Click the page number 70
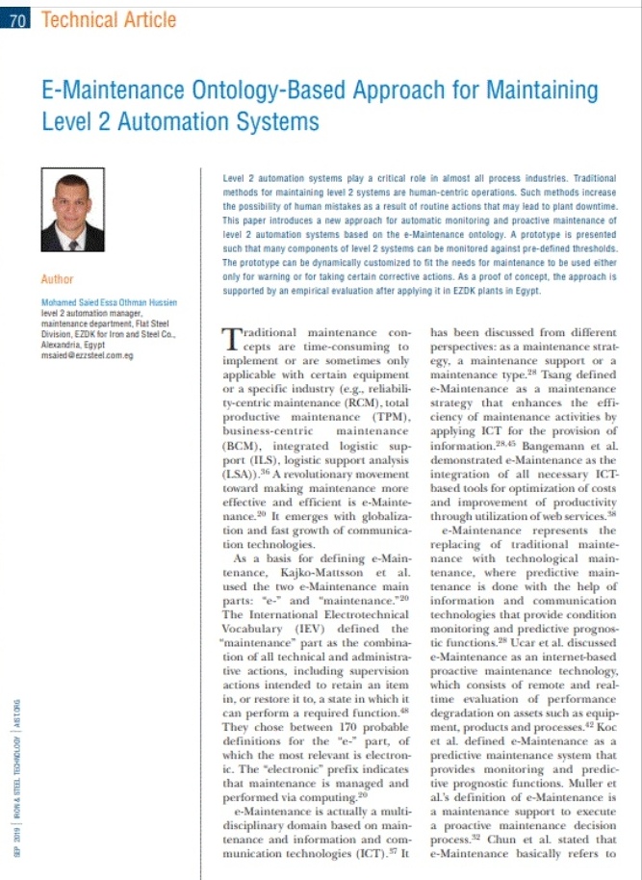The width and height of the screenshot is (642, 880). [17, 18]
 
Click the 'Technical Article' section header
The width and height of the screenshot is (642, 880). [109, 18]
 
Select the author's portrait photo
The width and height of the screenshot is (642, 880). [73, 210]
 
